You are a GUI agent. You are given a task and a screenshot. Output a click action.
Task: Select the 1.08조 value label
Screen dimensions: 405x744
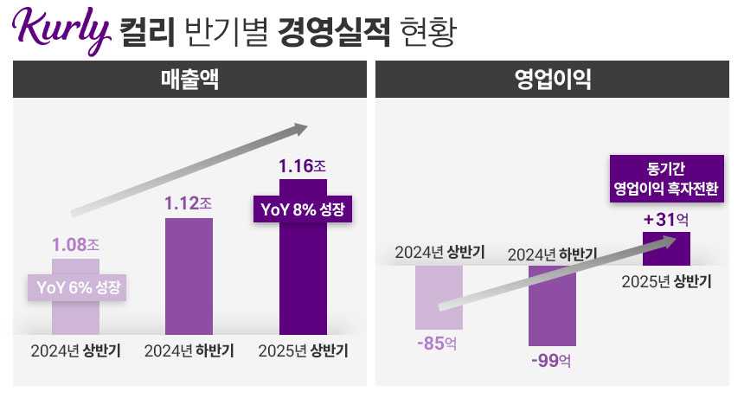coord(75,245)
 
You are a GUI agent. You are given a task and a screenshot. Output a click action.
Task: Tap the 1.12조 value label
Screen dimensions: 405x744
coord(188,204)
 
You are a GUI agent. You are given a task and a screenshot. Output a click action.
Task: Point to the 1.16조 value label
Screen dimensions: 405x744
coord(302,164)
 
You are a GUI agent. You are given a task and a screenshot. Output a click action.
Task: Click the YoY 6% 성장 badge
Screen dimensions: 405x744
coord(78,286)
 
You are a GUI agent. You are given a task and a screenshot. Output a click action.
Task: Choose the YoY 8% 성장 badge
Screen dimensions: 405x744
coord(303,209)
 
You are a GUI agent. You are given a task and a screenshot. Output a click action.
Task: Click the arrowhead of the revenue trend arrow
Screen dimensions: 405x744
coord(298,130)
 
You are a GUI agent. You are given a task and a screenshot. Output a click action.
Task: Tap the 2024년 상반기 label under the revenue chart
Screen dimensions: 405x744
coord(75,352)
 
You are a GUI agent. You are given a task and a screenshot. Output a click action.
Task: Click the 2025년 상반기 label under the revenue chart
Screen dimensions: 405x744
coord(303,352)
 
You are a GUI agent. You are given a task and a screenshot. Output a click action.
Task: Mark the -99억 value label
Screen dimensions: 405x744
coord(551,359)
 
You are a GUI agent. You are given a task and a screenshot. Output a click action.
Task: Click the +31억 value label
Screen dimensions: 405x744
coord(665,220)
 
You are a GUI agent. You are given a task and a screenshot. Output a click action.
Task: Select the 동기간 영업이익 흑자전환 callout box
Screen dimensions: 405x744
coord(666,178)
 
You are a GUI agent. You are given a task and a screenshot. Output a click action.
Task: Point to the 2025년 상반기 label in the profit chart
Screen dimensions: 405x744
coord(666,282)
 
